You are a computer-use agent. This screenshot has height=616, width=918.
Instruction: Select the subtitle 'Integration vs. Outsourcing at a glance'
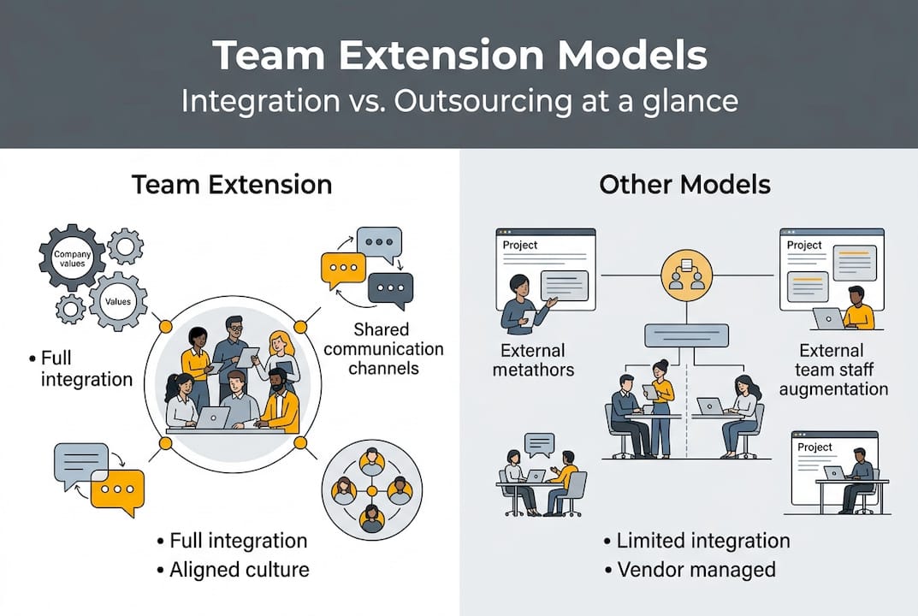[x=459, y=101]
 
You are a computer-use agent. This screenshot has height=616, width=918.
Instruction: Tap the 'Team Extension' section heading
[x=231, y=184]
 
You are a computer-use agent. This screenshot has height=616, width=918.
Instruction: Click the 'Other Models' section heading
[x=684, y=184]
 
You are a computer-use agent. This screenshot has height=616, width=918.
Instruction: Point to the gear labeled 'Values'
[x=118, y=301]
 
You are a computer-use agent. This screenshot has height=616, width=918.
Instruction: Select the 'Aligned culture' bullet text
[x=240, y=569]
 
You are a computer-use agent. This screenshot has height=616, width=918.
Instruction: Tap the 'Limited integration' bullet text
[x=702, y=541]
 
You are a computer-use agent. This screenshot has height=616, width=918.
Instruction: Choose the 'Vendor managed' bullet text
[x=696, y=569]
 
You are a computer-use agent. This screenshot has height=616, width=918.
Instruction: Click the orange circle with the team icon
[x=686, y=275]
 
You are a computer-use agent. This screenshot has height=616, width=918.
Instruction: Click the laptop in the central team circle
[x=213, y=418]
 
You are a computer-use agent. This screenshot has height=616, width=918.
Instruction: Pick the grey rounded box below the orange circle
[x=686, y=335]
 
